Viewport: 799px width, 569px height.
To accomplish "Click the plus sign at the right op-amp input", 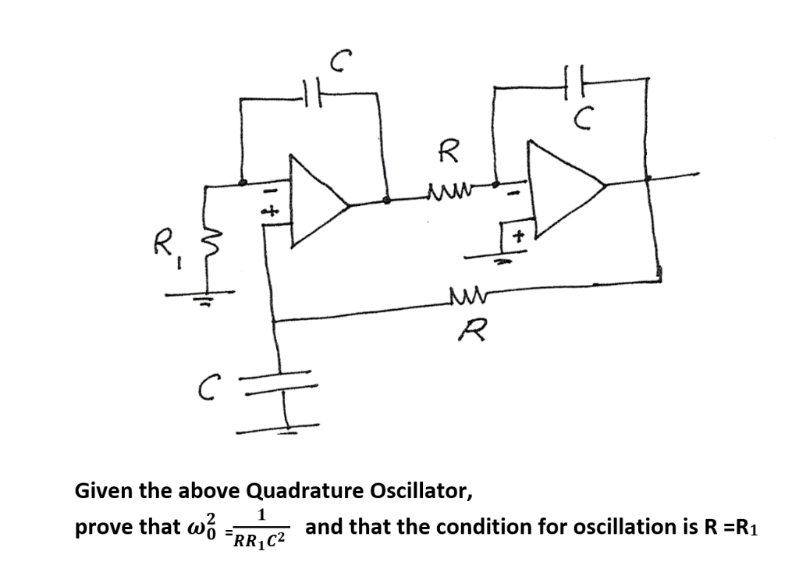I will (x=516, y=234).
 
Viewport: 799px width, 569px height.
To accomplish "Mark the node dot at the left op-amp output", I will (x=385, y=200).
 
